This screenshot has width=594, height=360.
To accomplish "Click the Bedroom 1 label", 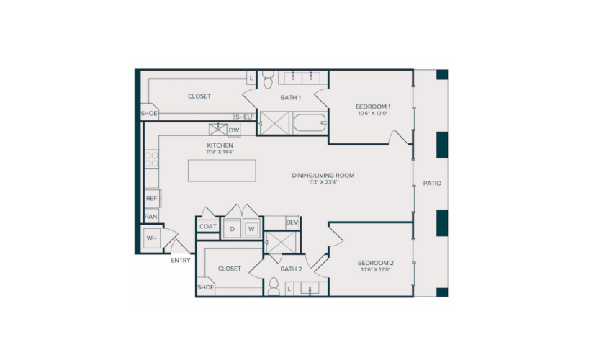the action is click(x=373, y=107).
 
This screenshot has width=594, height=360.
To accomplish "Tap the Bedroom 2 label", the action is click(x=375, y=263).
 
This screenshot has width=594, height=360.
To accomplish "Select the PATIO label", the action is click(x=432, y=184).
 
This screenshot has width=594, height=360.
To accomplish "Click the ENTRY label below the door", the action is click(x=181, y=261).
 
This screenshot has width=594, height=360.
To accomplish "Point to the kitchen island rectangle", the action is click(x=222, y=171).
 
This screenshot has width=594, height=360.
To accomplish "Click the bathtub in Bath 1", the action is click(x=310, y=123).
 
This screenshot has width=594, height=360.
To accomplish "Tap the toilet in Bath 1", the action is click(x=269, y=79).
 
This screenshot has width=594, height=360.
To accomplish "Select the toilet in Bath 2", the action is click(x=274, y=287).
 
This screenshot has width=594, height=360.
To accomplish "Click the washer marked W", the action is click(x=251, y=229).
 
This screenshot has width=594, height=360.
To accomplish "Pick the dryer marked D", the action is click(x=233, y=229).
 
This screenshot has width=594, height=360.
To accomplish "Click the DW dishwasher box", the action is click(x=234, y=130).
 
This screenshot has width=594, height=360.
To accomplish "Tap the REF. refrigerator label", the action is click(x=152, y=199).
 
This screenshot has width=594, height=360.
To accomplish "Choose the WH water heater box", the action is click(x=151, y=238).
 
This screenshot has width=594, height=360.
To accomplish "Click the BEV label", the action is click(x=292, y=222).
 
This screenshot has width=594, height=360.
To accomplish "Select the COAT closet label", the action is click(x=208, y=227).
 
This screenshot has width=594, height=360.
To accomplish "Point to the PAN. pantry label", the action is click(x=151, y=217).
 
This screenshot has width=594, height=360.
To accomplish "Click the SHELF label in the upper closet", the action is click(x=245, y=117).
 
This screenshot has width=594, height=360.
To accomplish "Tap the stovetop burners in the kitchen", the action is click(x=151, y=159).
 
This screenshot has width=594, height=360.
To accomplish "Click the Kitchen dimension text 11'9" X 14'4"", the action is click(x=220, y=153).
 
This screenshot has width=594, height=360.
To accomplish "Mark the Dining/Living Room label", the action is click(x=323, y=176).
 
